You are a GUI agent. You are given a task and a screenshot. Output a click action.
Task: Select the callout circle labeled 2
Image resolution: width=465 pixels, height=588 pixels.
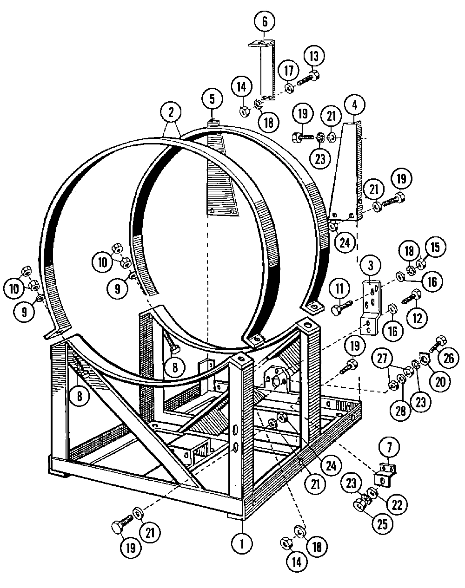[171, 111]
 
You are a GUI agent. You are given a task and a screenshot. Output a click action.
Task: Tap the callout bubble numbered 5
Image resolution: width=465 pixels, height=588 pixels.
[212, 99]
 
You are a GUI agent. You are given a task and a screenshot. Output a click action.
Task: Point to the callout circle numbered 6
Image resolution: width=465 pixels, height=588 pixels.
[265, 21]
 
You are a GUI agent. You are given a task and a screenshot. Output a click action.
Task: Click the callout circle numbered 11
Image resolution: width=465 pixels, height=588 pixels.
[340, 288]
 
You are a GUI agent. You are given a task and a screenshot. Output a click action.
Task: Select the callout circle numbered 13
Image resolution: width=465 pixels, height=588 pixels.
[314, 57]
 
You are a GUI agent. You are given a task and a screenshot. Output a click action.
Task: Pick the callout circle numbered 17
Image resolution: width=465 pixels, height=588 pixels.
[289, 72]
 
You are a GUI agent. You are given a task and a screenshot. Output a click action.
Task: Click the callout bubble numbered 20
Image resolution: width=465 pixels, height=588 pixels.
[440, 381]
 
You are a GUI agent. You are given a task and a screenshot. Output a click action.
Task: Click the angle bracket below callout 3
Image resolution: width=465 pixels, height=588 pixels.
[371, 309]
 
